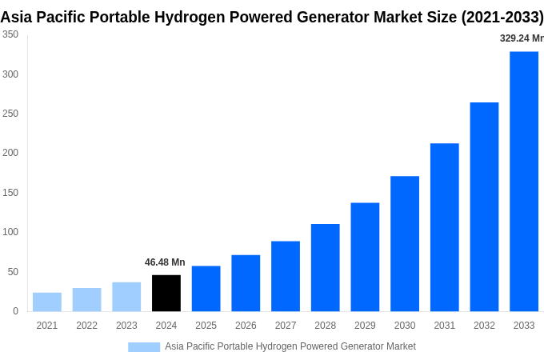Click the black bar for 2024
point(166,293)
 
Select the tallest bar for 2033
point(524,182)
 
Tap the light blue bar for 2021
point(47,302)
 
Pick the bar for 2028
point(325,267)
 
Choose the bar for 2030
point(405,243)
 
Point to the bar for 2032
point(484,206)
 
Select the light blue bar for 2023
point(126,296)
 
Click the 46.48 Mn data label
point(165,262)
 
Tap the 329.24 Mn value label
point(521,38)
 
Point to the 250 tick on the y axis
point(10,114)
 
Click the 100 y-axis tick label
point(10,232)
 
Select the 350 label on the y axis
point(10,34)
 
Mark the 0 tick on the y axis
point(15,311)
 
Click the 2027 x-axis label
point(286,326)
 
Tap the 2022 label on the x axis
point(86,326)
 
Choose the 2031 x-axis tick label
point(444,326)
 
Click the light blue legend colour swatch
point(144,347)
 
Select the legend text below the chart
point(290,346)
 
